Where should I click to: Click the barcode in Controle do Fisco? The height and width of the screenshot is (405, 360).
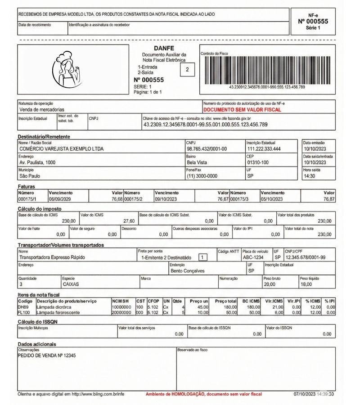point(267,70)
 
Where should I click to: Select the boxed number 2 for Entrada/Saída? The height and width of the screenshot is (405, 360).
point(187,70)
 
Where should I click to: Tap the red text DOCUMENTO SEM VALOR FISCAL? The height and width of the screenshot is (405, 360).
point(242,109)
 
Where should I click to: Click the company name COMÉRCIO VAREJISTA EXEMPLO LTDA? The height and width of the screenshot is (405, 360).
point(61,148)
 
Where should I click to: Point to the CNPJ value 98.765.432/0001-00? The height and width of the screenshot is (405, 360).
point(207,148)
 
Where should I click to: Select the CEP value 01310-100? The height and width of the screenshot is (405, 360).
point(258,162)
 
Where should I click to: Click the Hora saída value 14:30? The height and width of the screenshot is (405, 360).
point(310,176)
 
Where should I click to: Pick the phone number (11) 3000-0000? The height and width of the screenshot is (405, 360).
point(202,176)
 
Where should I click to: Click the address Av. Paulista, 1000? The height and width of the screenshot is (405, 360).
point(37,162)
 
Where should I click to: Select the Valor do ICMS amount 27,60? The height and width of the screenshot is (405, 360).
point(129,221)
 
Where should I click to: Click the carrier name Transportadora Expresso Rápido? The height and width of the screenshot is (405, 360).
point(52,257)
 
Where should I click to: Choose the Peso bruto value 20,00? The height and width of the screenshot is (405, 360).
point(269,284)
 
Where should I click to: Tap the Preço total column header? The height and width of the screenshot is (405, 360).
point(226,301)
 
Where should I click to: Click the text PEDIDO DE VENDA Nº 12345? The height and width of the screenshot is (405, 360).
point(46,355)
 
